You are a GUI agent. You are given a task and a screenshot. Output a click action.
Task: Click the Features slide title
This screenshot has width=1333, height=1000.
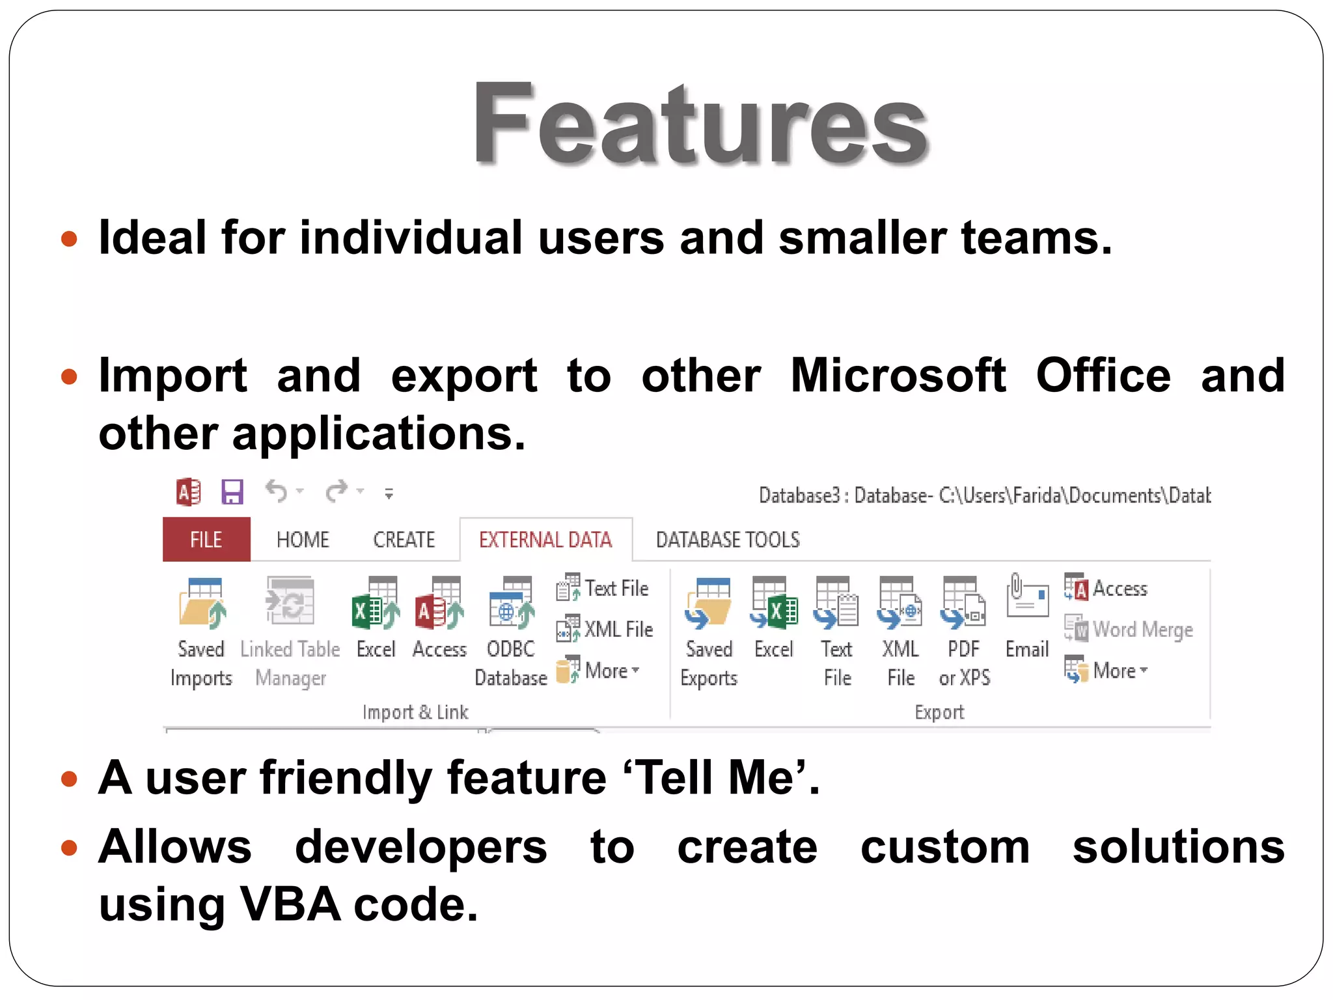(x=700, y=124)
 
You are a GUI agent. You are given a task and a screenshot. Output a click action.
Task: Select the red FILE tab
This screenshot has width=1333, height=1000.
(x=206, y=539)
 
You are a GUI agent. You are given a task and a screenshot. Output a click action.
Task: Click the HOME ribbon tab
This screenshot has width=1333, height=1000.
(x=303, y=539)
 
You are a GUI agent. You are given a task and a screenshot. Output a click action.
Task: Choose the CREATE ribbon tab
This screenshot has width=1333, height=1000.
(x=404, y=539)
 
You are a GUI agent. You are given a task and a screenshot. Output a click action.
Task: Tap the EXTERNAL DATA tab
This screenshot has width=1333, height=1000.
(x=545, y=539)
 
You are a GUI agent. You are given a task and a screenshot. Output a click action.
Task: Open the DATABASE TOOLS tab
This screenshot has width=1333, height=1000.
(x=728, y=539)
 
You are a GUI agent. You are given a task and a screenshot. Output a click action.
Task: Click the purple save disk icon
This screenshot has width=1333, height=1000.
(x=232, y=492)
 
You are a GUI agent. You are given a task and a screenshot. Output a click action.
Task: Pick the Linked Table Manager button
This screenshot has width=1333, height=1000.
(x=290, y=602)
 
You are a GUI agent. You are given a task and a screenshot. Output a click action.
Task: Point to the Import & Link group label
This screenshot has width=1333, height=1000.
(x=415, y=712)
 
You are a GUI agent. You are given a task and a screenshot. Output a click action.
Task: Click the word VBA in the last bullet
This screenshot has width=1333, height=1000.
(x=290, y=904)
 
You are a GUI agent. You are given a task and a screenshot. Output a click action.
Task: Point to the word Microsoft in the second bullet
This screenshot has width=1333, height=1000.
(x=898, y=376)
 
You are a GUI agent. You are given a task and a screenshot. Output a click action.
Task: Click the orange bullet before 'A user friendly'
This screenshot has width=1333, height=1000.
(x=69, y=779)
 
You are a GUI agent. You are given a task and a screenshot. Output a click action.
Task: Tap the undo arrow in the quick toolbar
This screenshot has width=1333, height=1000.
(x=277, y=491)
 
